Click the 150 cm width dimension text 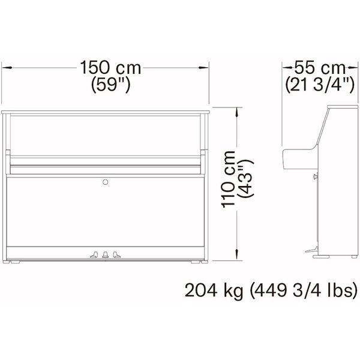tap(110, 67)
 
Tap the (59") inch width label tap(111, 85)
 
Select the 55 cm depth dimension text tap(320, 67)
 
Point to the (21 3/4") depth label tap(320, 85)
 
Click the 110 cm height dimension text tap(228, 179)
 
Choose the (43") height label tap(246, 178)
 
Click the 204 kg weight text tap(214, 290)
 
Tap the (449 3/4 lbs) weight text tap(304, 290)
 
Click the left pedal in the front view tap(94, 254)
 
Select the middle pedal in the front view tap(106, 254)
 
